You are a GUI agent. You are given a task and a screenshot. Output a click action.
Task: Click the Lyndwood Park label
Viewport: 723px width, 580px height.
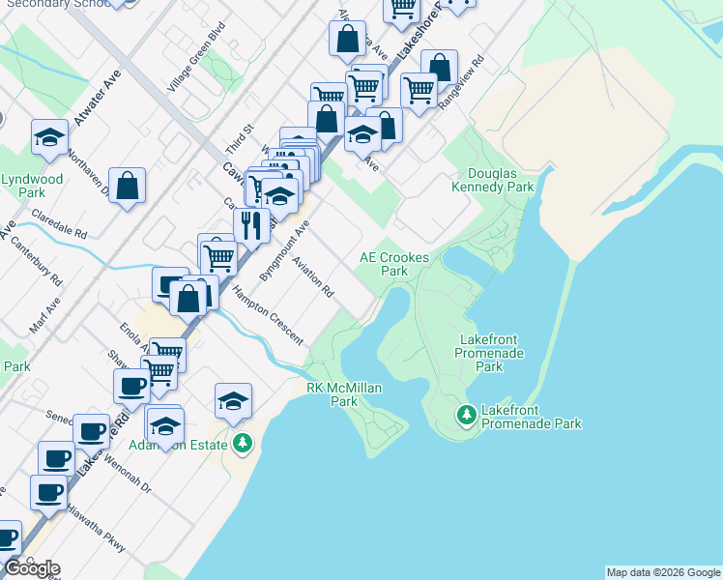32,186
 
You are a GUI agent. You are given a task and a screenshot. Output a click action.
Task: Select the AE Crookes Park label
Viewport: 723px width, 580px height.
394,264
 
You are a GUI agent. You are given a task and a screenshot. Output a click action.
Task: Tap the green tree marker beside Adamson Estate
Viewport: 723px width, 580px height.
242,444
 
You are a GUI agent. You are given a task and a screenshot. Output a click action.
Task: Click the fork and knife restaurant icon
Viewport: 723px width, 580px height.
251,226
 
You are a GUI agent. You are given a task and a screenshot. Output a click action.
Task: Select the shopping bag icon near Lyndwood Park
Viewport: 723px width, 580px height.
128,185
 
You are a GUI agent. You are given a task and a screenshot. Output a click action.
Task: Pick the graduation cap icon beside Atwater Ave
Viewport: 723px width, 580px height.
49,137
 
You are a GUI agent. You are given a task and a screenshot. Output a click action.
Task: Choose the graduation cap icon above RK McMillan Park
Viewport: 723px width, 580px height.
233,400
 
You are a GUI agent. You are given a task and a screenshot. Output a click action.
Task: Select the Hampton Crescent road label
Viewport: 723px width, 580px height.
268,316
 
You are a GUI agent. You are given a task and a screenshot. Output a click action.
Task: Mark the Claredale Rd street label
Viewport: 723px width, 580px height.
59,224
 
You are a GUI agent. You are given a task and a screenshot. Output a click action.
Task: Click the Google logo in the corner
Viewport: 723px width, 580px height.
31,568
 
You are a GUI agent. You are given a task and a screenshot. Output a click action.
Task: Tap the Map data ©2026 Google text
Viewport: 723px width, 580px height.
663,572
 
